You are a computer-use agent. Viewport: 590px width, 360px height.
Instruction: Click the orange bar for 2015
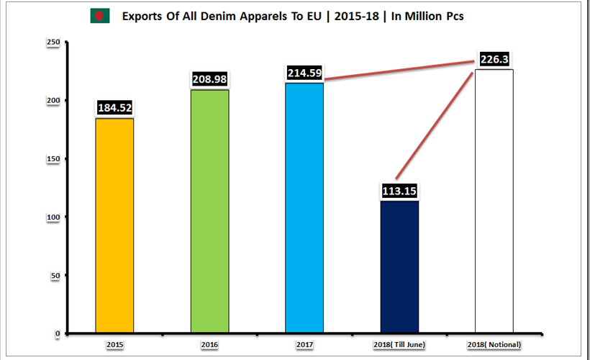pos(114,225)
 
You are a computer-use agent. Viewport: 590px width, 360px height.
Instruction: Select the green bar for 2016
pos(209,211)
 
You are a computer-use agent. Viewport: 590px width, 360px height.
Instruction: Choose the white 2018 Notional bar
pos(494,201)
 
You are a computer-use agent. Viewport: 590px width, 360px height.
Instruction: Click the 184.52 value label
pos(114,109)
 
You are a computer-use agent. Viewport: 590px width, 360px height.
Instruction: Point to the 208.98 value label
pos(209,79)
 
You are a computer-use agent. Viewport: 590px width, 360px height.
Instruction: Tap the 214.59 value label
pos(304,73)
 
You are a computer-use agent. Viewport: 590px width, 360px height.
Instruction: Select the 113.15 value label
pos(399,191)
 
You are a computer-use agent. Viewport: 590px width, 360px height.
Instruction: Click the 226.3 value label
pos(494,59)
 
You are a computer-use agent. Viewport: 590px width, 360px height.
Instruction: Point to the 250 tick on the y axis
pos(53,42)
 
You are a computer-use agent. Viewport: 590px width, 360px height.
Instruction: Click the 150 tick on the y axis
pos(53,159)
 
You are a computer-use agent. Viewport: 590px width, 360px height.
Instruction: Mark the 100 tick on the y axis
pos(53,217)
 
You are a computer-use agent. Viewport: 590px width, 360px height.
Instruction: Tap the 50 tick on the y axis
pos(55,275)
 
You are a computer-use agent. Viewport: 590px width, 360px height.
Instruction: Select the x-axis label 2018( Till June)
pos(399,346)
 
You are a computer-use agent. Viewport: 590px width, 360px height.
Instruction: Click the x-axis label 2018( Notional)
pos(494,346)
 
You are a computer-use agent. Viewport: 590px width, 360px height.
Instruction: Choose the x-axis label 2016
pos(209,346)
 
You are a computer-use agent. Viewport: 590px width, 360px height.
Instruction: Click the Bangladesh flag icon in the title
pos(99,16)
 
